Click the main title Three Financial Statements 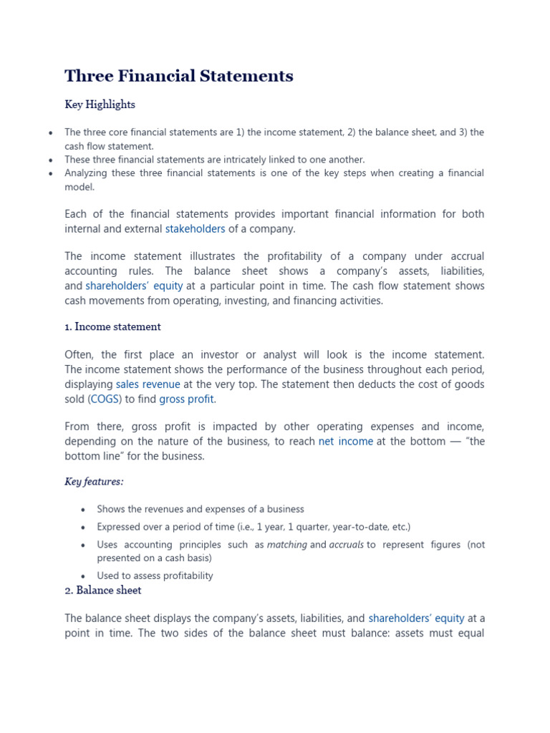coord(179,77)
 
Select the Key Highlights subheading coord(100,105)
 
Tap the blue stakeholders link coord(195,229)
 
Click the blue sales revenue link coord(148,384)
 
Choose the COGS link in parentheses coord(105,399)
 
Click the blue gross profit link coord(186,399)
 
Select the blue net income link coord(345,442)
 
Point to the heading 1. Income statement coord(112,327)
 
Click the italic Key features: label coord(94,482)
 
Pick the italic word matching coord(286,545)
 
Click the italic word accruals coord(346,545)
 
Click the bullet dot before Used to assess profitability coord(83,576)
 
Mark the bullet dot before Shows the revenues coord(83,510)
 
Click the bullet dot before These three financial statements coord(50,160)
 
